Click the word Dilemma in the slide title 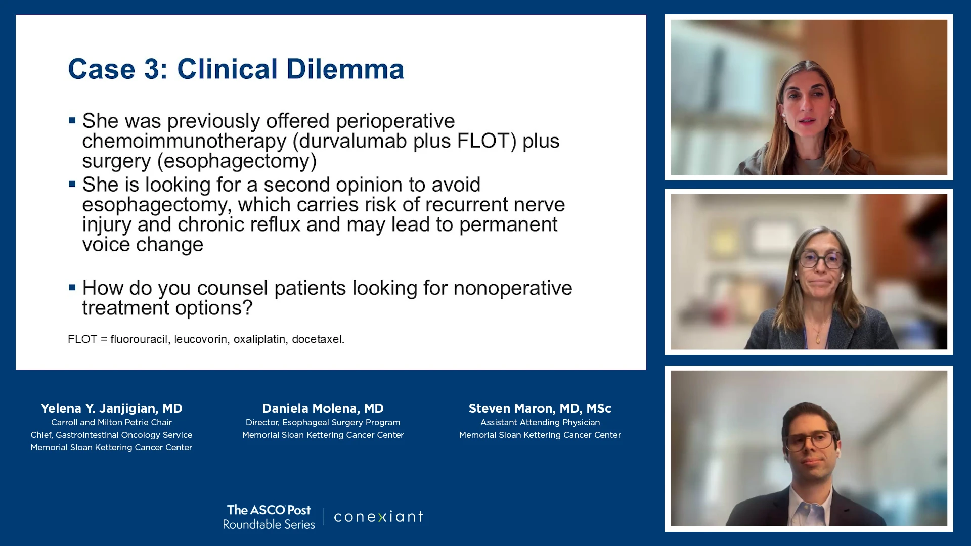click(x=345, y=69)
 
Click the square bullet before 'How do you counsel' click(x=72, y=288)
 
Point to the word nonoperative click(x=513, y=288)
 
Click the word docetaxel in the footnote click(x=318, y=339)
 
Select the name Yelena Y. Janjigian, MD click(x=111, y=408)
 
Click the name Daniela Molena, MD click(x=323, y=408)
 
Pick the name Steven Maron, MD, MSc click(x=540, y=408)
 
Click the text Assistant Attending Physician click(x=540, y=422)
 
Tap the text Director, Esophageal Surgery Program click(x=323, y=422)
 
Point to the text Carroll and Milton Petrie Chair click(x=111, y=422)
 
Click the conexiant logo click(x=378, y=516)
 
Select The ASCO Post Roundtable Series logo click(x=269, y=517)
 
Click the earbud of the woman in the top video click(x=831, y=109)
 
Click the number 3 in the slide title click(x=152, y=69)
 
